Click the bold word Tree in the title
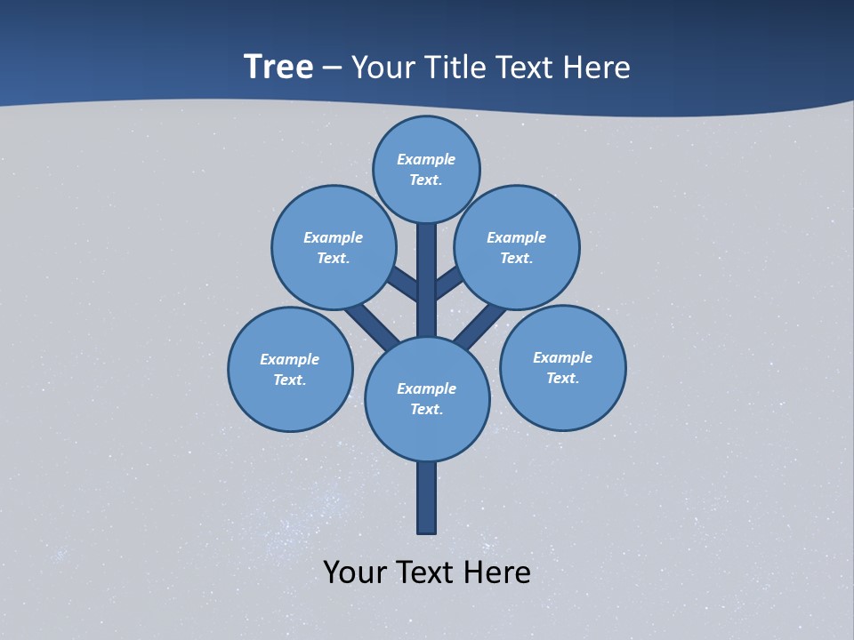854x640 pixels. pyautogui.click(x=278, y=68)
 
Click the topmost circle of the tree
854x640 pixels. pyautogui.click(x=426, y=169)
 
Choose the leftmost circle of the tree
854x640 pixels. pyautogui.click(x=290, y=369)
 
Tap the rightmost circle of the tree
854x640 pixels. pyautogui.click(x=562, y=367)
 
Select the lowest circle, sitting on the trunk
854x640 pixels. pyautogui.click(x=427, y=399)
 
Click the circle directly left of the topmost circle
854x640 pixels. pyautogui.click(x=334, y=247)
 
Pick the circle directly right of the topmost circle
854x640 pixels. pyautogui.click(x=516, y=247)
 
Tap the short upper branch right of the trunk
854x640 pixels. pyautogui.click(x=448, y=284)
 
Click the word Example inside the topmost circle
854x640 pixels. pyautogui.click(x=426, y=159)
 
